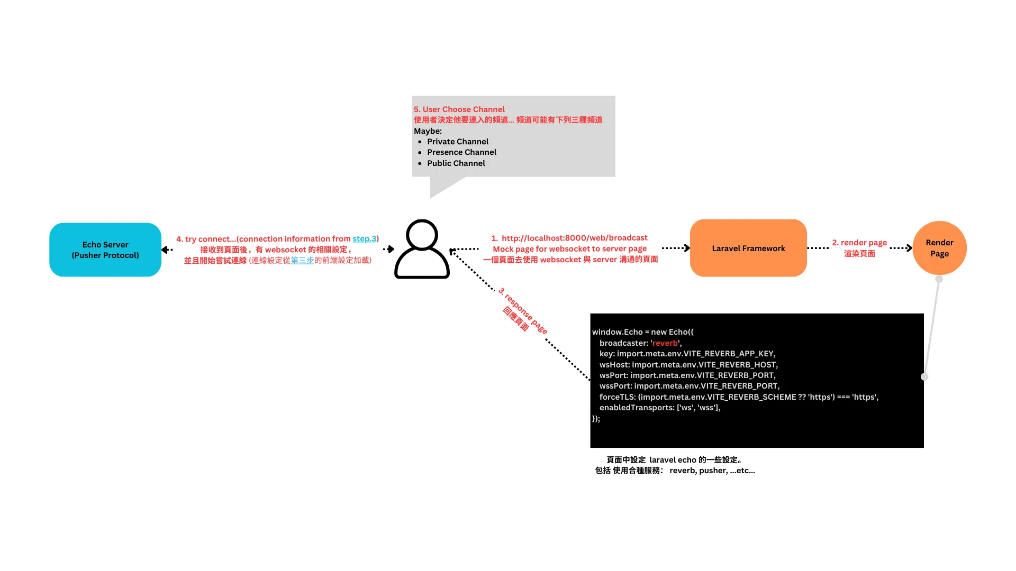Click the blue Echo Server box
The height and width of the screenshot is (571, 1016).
point(105,250)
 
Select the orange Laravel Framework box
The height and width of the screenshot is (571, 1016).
point(748,248)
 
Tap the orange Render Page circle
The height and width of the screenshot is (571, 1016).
point(939,248)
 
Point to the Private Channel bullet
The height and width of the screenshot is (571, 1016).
point(457,142)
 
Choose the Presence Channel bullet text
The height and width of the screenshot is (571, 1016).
point(461,152)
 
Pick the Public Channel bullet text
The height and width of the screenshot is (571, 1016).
point(456,163)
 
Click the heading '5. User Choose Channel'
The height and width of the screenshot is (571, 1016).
point(459,109)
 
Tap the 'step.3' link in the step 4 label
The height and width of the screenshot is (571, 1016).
point(364,239)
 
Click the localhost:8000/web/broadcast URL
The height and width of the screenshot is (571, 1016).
point(574,238)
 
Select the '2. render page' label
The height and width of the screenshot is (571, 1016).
point(859,243)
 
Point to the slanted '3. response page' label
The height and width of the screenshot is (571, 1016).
point(523,310)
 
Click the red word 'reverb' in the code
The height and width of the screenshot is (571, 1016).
point(665,343)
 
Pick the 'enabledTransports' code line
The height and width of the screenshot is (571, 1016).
point(659,408)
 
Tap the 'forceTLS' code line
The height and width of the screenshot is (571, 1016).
point(738,397)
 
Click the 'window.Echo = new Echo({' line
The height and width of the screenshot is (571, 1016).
point(642,332)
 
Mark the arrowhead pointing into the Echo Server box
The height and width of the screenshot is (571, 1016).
point(165,250)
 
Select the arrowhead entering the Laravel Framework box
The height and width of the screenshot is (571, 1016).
point(687,248)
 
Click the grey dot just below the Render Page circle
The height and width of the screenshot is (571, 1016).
point(939,279)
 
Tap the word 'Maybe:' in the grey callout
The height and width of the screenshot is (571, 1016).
point(428,131)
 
